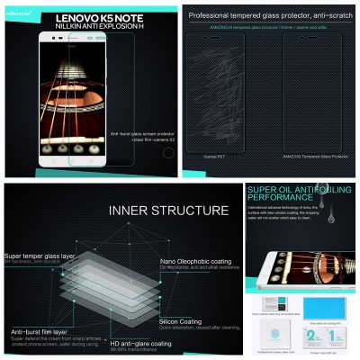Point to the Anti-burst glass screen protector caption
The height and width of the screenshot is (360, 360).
140,136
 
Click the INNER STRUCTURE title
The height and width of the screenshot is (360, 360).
168,211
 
